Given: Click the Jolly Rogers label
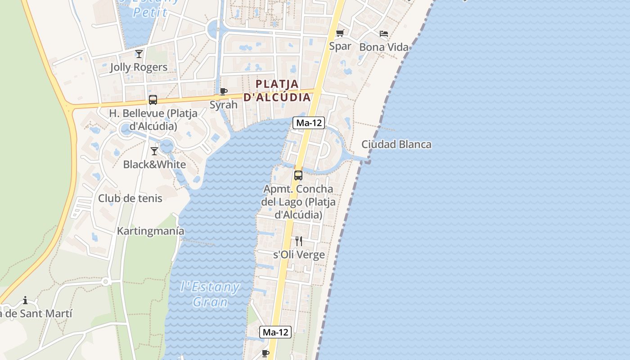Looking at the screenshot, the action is (x=139, y=67).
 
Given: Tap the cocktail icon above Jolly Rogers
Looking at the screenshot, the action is (x=139, y=54).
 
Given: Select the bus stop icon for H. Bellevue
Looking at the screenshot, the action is (x=153, y=100).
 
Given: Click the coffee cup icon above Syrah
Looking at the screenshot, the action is (x=223, y=92).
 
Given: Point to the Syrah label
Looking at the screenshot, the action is (x=224, y=105).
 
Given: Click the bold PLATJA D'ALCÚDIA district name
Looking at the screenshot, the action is (x=278, y=90).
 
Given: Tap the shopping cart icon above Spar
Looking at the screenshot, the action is (x=340, y=33).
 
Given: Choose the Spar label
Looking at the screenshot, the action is (x=340, y=46).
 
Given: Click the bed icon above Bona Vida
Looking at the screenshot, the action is (x=384, y=34).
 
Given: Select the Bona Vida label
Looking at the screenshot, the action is (x=384, y=47).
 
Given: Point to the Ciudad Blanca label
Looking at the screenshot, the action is (x=396, y=144).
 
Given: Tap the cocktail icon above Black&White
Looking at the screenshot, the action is (x=154, y=151).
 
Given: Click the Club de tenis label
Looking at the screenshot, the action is (x=130, y=198).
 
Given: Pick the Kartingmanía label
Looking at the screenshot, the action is (x=151, y=231).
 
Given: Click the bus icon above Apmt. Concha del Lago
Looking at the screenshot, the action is (x=298, y=175).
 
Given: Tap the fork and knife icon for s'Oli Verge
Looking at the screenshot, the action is (x=299, y=241).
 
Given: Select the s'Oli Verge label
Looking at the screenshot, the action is (x=299, y=255).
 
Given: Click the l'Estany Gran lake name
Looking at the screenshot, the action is (x=210, y=294).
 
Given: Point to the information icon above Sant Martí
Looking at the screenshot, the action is (x=25, y=300).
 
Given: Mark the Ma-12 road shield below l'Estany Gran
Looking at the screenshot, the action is (x=276, y=333).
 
